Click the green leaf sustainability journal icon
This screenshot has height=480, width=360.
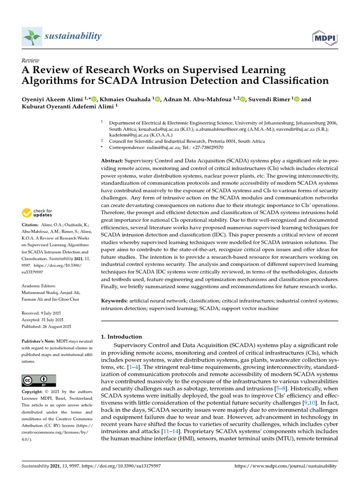pos(33,37)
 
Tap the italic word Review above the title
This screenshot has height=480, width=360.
pos(30,61)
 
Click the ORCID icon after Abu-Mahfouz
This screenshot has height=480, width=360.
pos(242,99)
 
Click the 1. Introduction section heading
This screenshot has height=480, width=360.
pos(121,337)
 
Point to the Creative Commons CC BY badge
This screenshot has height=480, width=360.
pos(39,380)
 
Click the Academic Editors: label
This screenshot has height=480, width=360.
pos(39,286)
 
